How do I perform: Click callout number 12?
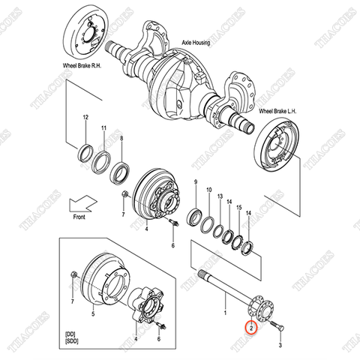pyautogui.click(x=85, y=118)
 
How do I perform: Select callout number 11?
pyautogui.click(x=104, y=128)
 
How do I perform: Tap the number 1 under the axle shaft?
pyautogui.click(x=223, y=308)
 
